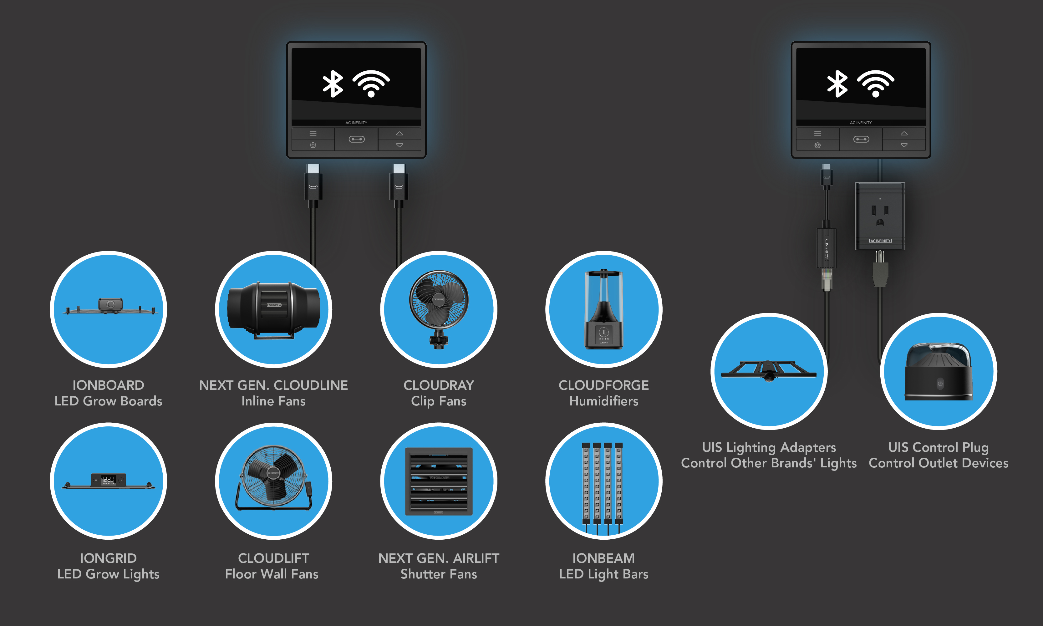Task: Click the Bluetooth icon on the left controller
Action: [x=333, y=84]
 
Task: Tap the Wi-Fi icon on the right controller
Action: [x=876, y=84]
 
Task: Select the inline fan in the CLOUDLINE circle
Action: [x=274, y=310]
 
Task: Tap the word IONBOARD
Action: [x=108, y=385]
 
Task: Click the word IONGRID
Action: [x=108, y=558]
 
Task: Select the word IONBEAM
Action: [x=603, y=558]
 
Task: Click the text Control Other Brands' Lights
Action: [x=769, y=463]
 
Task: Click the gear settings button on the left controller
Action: [x=313, y=145]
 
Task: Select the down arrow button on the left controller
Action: [x=399, y=145]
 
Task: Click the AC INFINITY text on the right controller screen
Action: [x=861, y=123]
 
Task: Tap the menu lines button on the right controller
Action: [x=817, y=133]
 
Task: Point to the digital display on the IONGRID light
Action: [x=108, y=479]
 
